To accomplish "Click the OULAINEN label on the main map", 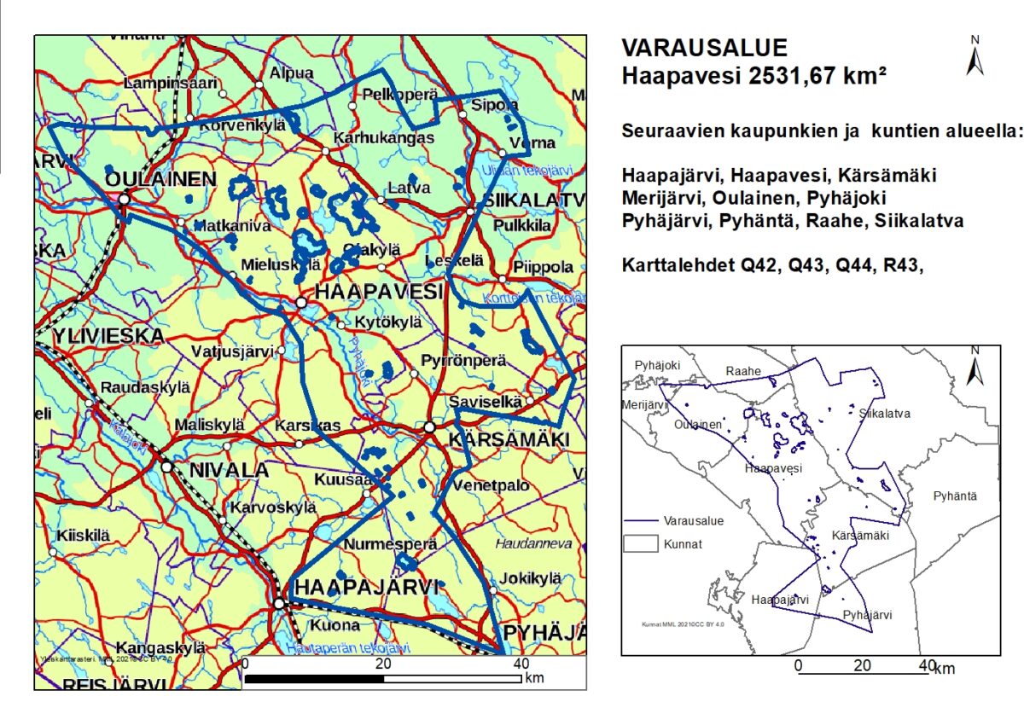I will pos(160,179).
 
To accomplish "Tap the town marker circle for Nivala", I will pos(167,467).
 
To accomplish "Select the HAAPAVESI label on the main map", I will pos(380,292).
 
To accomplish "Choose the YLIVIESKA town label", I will pos(108,335).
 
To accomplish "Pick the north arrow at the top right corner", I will pos(975,58).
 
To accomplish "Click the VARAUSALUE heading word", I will pos(704,48).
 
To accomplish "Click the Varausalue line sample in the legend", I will pos(639,519).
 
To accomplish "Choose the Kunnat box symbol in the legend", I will pos(639,543).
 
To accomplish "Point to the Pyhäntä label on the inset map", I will pos(955,496).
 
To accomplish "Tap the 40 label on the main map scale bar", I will pos(521,664).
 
